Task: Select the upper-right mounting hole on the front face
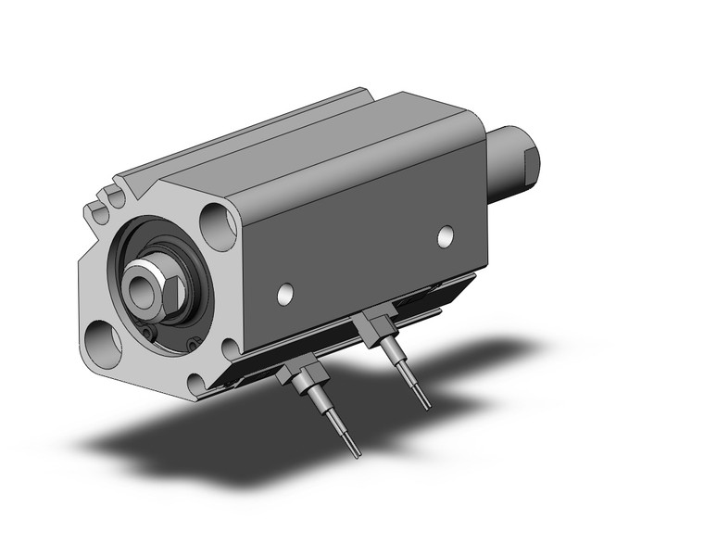click(x=218, y=226)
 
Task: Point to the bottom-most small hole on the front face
click(x=195, y=381)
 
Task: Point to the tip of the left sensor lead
click(x=358, y=453)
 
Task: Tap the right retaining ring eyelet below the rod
click(x=192, y=344)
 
